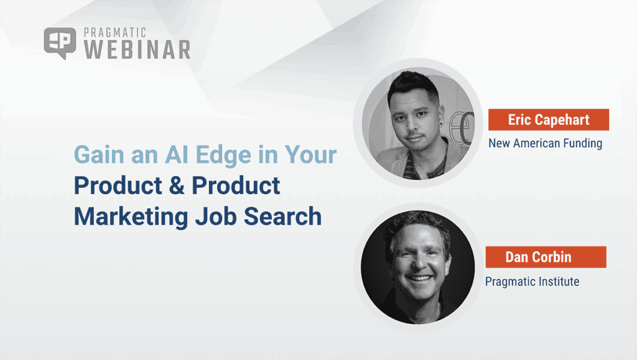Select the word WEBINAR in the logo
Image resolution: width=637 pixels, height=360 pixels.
click(x=136, y=50)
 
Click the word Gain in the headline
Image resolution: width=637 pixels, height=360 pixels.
click(x=97, y=155)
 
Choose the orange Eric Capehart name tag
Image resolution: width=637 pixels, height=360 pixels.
click(x=547, y=120)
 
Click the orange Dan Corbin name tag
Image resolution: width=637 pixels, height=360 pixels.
click(x=546, y=257)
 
